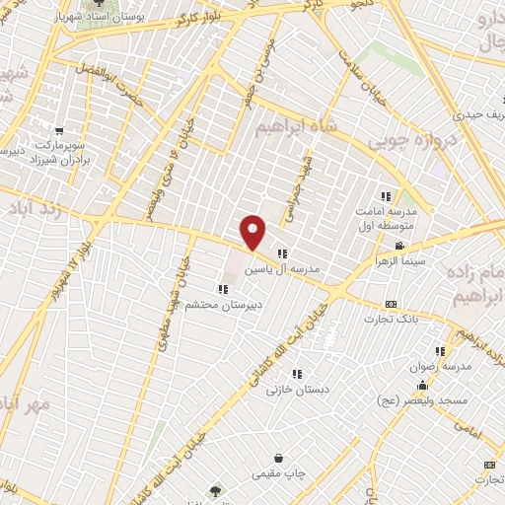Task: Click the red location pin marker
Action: pos(253,232)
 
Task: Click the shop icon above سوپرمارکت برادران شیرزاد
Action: pos(60,130)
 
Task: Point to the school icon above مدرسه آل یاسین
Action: pos(282,253)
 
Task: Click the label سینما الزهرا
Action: pos(398,261)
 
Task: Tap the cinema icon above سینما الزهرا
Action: pos(399,246)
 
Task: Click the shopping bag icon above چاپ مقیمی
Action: pos(279,459)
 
